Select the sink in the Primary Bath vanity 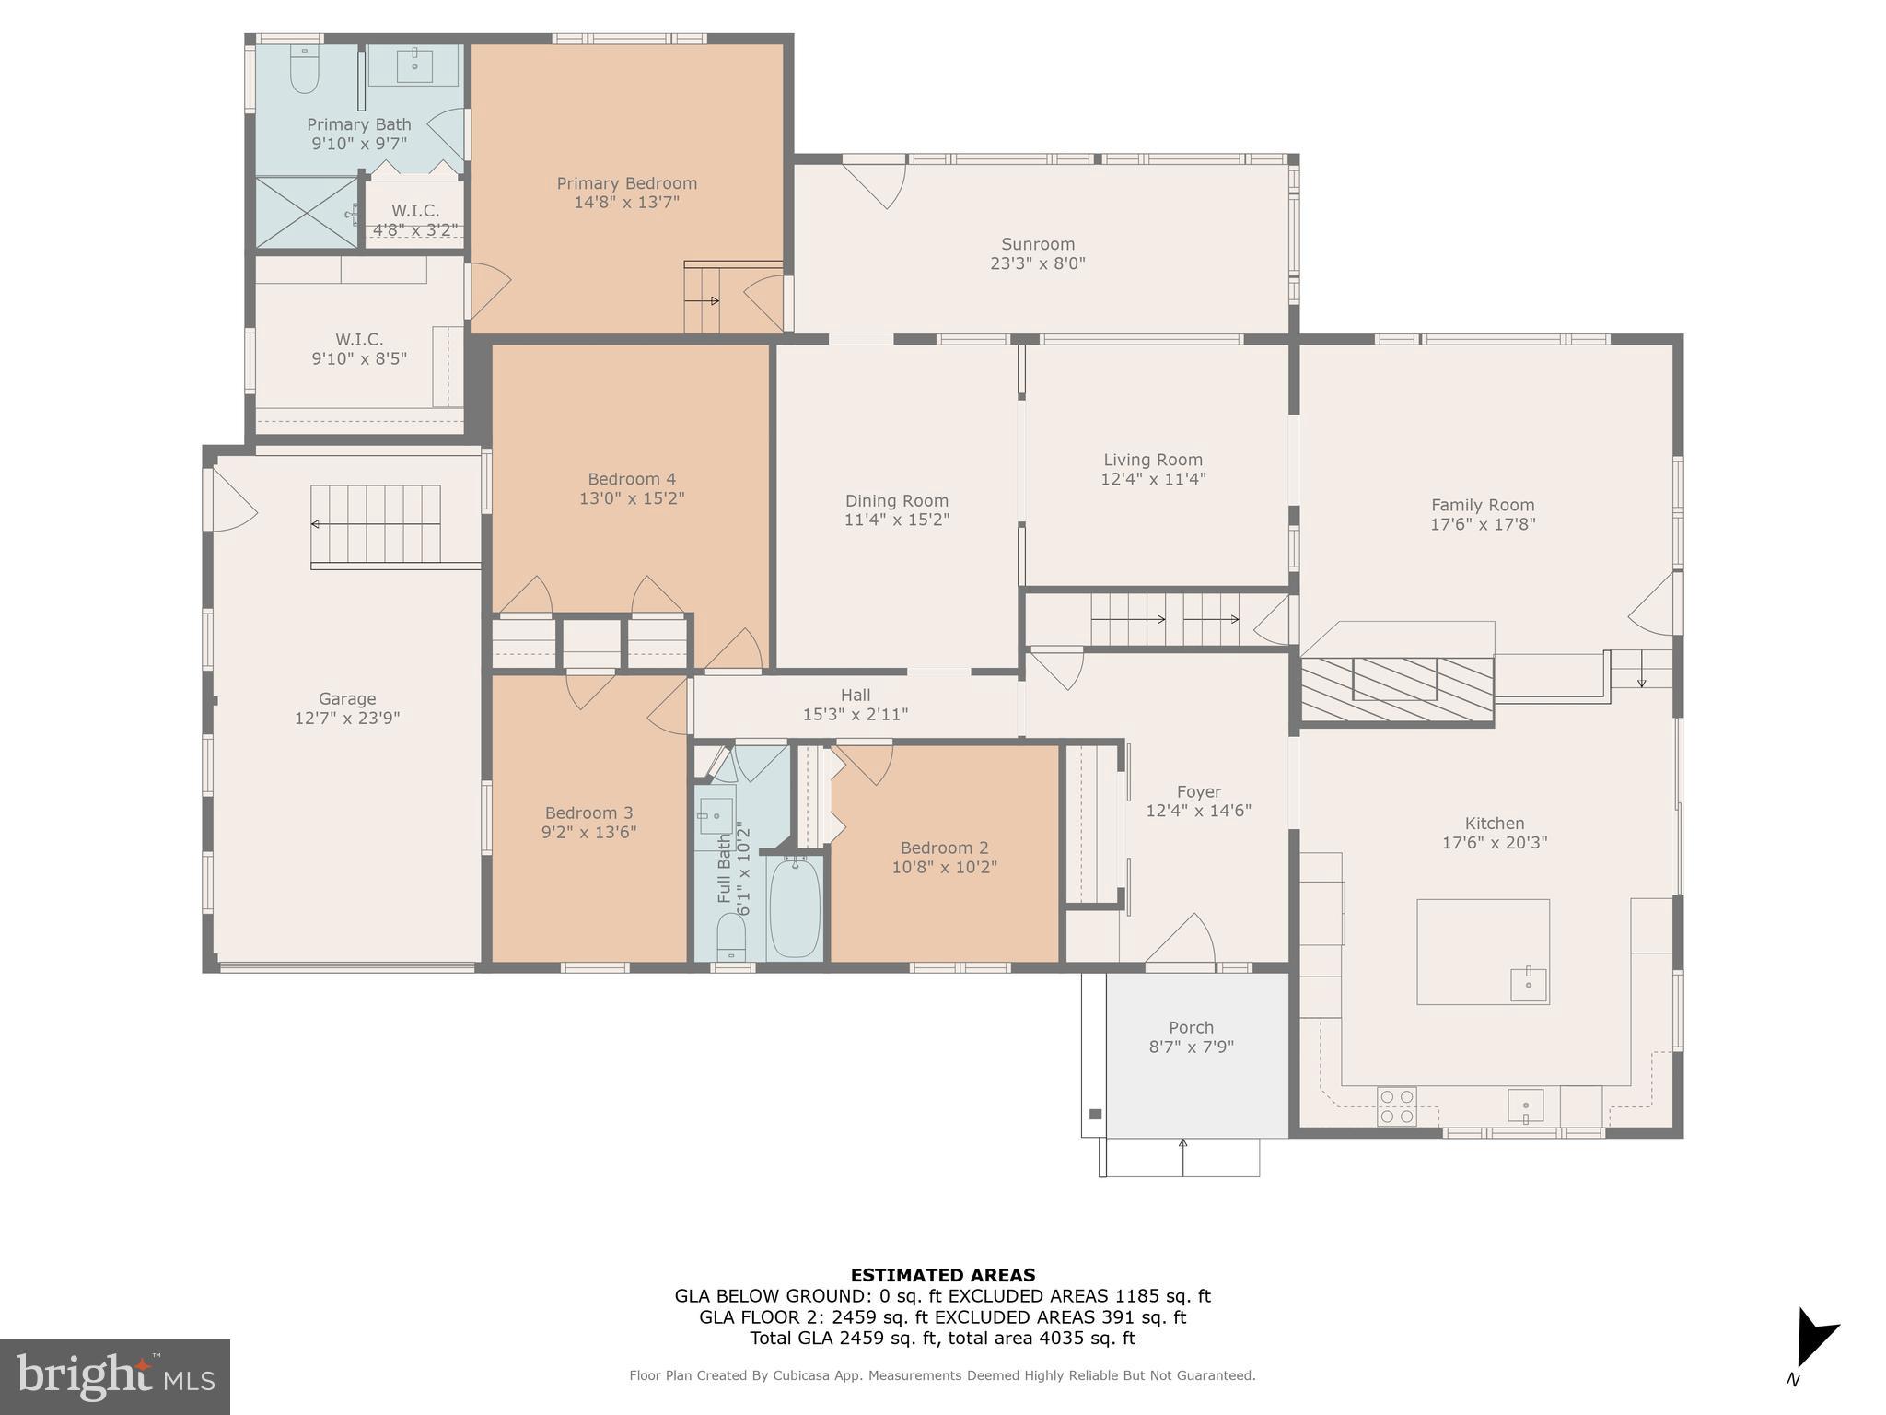point(414,64)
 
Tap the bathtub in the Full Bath point(794,906)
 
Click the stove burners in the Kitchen point(1396,1105)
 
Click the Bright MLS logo point(115,1376)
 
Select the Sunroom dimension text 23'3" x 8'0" point(1038,263)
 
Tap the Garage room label point(347,698)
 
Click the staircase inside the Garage point(376,524)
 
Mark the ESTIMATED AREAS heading point(942,1275)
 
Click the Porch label point(1191,1027)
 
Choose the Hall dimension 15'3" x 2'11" point(856,714)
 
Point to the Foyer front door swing point(1183,940)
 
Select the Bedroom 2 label point(944,848)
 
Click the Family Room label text point(1482,505)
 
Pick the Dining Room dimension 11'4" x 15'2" point(896,520)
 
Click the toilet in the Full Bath point(731,935)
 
